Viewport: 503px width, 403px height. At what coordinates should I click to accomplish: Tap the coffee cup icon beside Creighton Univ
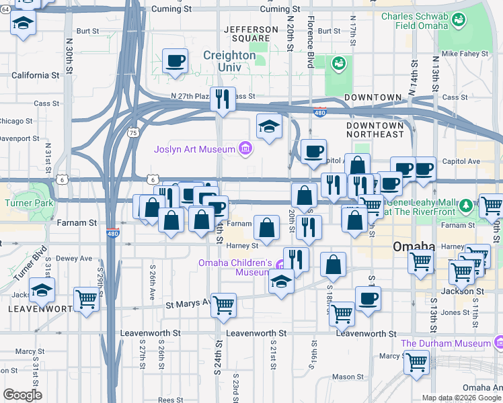[175, 61]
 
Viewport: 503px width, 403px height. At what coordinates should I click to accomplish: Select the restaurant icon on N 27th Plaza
[223, 99]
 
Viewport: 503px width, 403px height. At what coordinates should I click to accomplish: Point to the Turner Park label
[23, 203]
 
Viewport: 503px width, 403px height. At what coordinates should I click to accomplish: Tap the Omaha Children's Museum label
[234, 267]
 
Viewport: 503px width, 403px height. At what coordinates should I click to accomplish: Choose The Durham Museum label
[446, 343]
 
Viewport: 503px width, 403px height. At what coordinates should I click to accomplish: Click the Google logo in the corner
[22, 395]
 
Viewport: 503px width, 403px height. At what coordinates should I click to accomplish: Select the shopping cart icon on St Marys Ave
[223, 305]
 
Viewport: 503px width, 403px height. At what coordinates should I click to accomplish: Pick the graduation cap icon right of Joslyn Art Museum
[269, 126]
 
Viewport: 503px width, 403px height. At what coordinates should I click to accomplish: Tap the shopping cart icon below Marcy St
[416, 363]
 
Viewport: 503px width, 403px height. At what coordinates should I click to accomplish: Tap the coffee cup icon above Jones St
[368, 299]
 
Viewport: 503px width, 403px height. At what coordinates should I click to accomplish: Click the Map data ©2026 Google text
[462, 398]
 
